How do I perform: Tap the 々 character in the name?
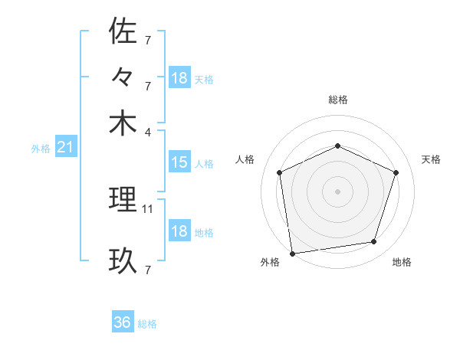(x=123, y=77)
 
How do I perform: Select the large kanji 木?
(x=123, y=123)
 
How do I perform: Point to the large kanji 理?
(x=123, y=200)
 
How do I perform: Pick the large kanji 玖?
(x=123, y=261)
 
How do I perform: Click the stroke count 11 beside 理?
(x=148, y=208)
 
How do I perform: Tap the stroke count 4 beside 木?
(x=148, y=132)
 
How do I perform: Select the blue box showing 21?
(x=64, y=147)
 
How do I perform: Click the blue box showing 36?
(x=122, y=322)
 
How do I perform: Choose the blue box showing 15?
(x=179, y=162)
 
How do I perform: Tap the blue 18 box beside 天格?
(x=179, y=78)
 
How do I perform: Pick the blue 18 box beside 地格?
(x=179, y=231)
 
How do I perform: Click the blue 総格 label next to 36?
(x=147, y=324)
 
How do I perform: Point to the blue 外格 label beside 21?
(x=41, y=149)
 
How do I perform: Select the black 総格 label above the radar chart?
(x=338, y=100)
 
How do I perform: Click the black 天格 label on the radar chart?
(x=432, y=159)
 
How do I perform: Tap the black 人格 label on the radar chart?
(x=245, y=159)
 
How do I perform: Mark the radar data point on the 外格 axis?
(x=292, y=253)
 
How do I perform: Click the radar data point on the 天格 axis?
(x=396, y=172)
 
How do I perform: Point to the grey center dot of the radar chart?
(x=338, y=191)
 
